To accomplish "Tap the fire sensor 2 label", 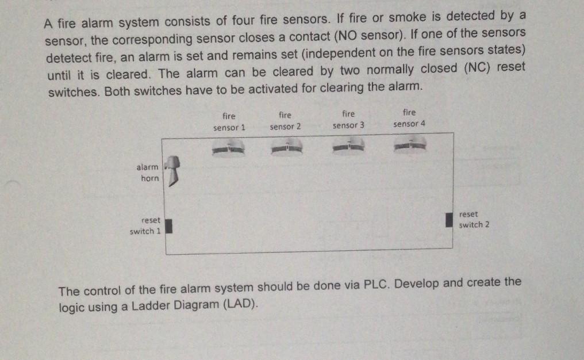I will tap(285, 121).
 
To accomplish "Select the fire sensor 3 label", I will tap(348, 119).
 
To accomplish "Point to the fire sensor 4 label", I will tap(409, 118).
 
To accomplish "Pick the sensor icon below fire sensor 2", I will tap(285, 148).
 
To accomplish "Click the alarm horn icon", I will tap(171, 171).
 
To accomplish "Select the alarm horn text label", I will tap(148, 173).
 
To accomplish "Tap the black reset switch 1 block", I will tap(170, 226).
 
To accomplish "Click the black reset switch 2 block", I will tap(449, 220).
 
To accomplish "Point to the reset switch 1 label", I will tap(146, 226).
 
